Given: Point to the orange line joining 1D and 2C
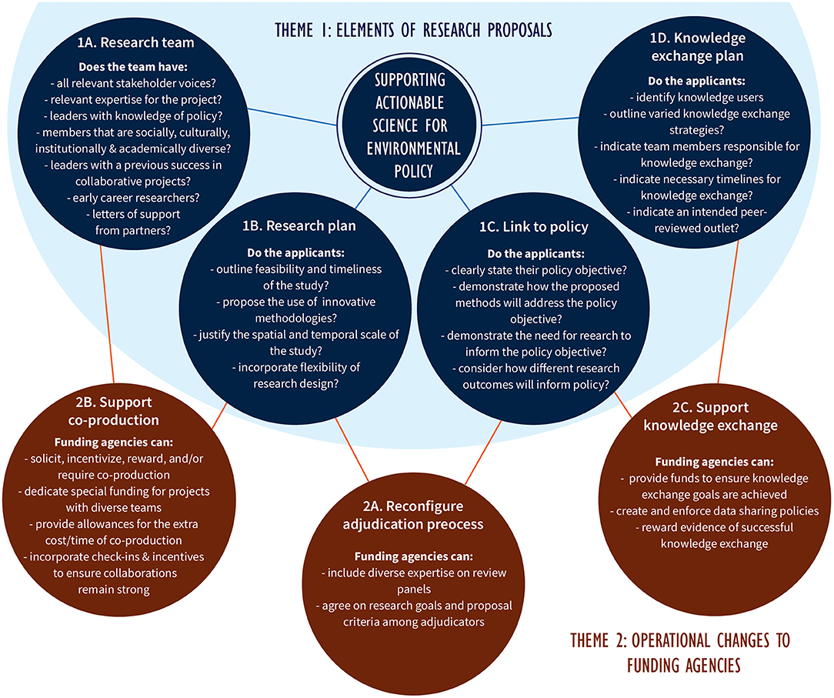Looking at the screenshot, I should click(730, 308).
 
